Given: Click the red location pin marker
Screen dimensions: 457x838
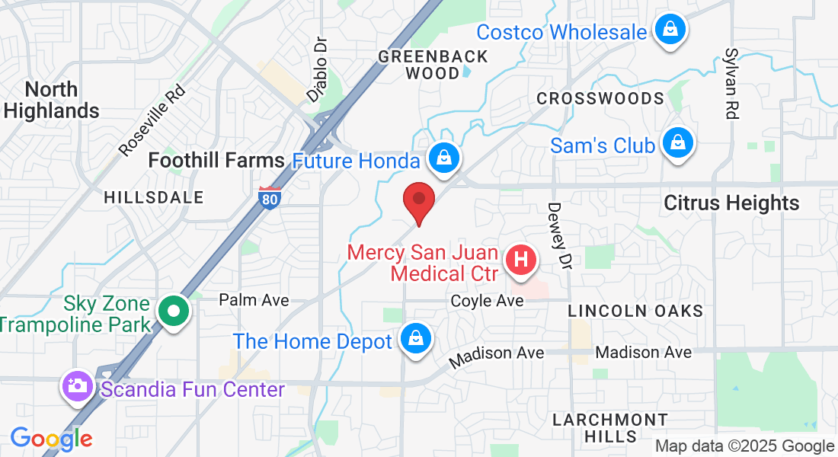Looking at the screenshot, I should [418, 200].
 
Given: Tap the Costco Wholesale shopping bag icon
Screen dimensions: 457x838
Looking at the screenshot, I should [670, 30].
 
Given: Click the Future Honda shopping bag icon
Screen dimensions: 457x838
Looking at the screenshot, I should [442, 158].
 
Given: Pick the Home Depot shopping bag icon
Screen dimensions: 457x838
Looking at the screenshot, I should [415, 339].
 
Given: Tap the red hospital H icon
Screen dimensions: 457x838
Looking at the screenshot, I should [521, 260].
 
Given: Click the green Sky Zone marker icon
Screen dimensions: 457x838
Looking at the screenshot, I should [174, 312].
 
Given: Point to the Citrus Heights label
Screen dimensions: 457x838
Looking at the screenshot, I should [731, 203].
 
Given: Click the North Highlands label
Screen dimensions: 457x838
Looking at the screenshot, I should [51, 100].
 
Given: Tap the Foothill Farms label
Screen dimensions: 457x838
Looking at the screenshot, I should [216, 161].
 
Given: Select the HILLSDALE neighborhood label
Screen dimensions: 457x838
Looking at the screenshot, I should [154, 197].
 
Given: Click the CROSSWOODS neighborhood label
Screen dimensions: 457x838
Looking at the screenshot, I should [600, 99].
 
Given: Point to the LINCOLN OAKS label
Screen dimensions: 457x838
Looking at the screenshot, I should [635, 311].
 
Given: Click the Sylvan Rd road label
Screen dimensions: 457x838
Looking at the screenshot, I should [731, 84].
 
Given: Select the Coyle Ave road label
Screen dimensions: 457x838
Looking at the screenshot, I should [487, 301].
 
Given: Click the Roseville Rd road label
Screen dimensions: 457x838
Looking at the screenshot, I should [152, 120].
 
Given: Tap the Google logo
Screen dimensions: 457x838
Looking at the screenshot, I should [51, 439].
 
